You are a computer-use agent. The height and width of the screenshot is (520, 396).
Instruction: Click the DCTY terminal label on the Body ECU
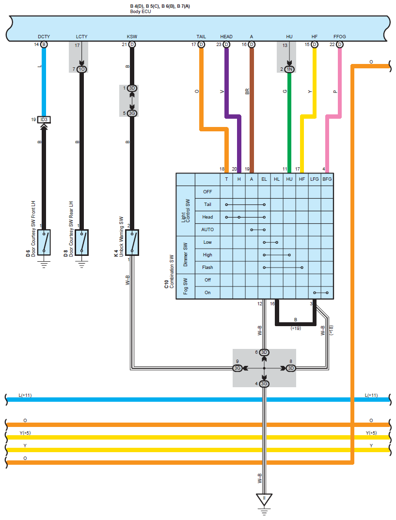44,36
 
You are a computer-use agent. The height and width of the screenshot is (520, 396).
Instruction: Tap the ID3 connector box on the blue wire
44,119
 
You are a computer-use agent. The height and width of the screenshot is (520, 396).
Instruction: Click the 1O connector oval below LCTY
81,69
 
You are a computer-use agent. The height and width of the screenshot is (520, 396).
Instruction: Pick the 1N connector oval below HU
289,69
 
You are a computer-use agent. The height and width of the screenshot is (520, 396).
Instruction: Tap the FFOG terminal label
339,36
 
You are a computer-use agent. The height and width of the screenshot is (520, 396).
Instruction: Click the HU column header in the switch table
289,179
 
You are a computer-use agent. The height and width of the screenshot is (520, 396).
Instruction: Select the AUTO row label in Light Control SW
207,230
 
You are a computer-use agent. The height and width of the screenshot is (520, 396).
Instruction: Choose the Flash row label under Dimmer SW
207,268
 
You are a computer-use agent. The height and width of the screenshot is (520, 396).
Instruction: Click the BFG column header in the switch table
327,179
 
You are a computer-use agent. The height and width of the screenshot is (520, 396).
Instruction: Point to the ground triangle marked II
264,499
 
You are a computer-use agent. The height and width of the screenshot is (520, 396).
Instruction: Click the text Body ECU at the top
141,11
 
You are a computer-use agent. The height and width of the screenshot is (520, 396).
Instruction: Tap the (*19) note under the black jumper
296,328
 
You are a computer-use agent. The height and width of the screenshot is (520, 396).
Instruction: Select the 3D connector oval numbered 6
264,352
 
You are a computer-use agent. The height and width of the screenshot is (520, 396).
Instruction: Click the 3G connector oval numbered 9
238,368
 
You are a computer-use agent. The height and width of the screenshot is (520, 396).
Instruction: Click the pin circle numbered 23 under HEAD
226,45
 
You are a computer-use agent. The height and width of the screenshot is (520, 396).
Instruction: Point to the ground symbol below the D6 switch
44,264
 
